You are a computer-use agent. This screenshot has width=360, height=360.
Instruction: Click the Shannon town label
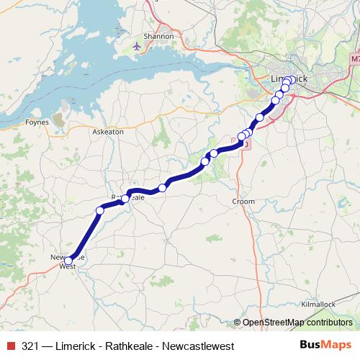tap(160, 35)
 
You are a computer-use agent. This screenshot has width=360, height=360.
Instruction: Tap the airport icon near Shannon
tap(138, 47)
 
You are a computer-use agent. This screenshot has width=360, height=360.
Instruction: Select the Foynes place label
tap(37, 122)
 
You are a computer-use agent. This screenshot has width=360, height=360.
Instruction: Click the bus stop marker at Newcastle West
tap(68, 261)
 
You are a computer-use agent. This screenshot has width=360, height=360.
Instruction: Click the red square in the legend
tap(11, 346)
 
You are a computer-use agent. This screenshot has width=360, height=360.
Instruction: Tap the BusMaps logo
tap(326, 346)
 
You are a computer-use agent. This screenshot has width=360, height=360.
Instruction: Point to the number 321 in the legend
tap(30, 346)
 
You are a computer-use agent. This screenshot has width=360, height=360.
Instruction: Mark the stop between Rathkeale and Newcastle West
tap(100, 210)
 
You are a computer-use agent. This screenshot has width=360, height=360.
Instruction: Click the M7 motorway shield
tap(355, 58)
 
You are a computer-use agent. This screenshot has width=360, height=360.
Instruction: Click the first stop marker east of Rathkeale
tap(163, 187)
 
